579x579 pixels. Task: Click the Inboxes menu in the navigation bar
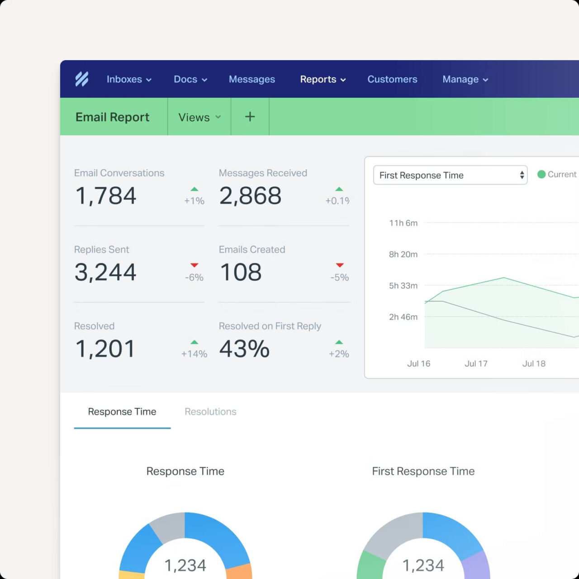pos(128,79)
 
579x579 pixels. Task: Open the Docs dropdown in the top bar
pos(190,79)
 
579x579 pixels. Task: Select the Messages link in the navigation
pos(252,79)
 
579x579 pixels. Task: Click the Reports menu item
pos(323,79)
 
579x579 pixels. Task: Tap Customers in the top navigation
pos(392,79)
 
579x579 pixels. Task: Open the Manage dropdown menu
pos(465,79)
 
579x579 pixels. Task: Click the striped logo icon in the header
pos(82,79)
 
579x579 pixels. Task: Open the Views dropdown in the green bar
pos(199,117)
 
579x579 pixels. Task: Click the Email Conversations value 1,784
pos(106,196)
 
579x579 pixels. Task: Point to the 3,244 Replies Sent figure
pos(105,272)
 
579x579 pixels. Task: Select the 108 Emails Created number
pos(241,272)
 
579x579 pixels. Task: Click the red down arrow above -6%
pos(195,265)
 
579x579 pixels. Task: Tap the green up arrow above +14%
pos(195,342)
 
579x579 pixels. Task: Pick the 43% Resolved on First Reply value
pos(244,349)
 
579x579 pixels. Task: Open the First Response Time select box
pos(450,175)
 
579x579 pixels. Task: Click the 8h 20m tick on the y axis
pos(403,254)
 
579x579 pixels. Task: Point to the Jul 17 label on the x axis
pos(476,364)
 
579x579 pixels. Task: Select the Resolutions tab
pos(210,412)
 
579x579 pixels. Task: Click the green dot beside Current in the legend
pos(541,174)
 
